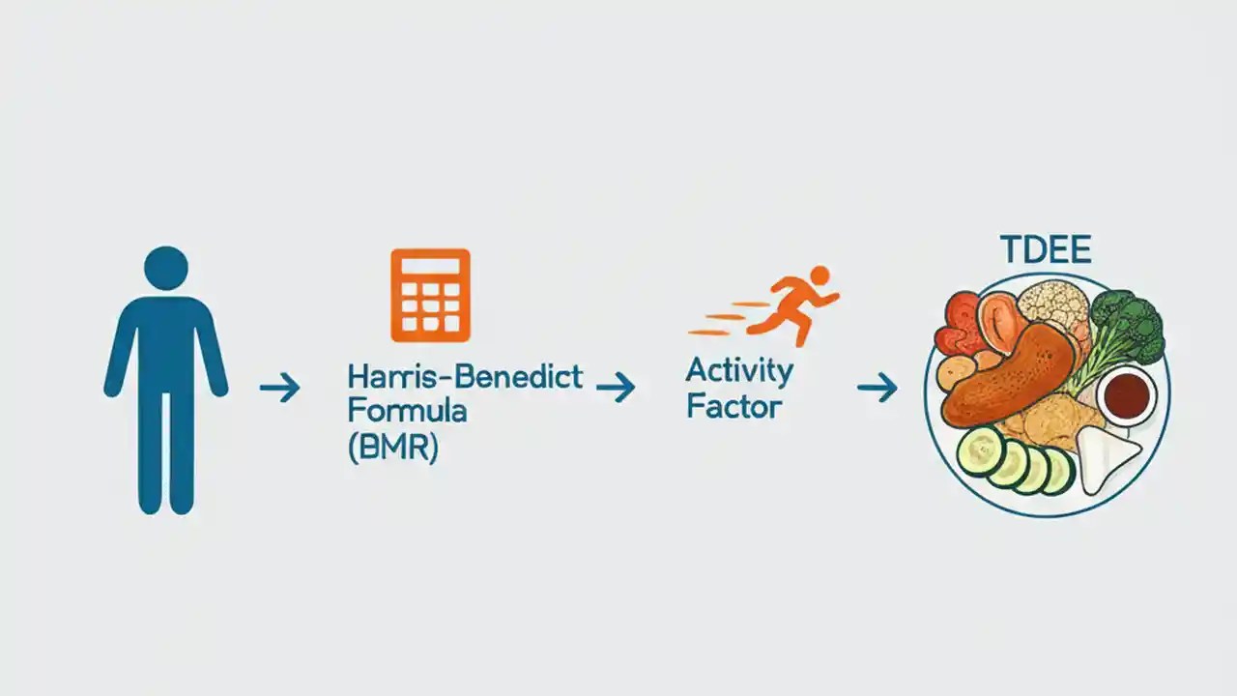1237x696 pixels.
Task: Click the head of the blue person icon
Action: pos(166,268)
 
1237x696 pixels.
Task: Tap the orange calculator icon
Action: pos(430,296)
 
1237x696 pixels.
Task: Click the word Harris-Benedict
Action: pos(465,376)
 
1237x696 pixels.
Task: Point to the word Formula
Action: pos(407,411)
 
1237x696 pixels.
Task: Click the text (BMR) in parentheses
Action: pos(392,448)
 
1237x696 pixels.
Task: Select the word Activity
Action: pos(739,370)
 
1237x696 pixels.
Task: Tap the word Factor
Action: pos(734,406)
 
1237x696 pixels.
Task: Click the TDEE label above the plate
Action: pos(1046,250)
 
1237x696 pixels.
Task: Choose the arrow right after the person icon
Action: pos(280,389)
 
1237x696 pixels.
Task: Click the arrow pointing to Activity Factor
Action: pos(616,389)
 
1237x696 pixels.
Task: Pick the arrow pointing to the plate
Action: pos(877,389)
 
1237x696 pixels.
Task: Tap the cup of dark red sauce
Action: pos(1126,393)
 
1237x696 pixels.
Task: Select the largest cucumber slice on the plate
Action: pos(982,450)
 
